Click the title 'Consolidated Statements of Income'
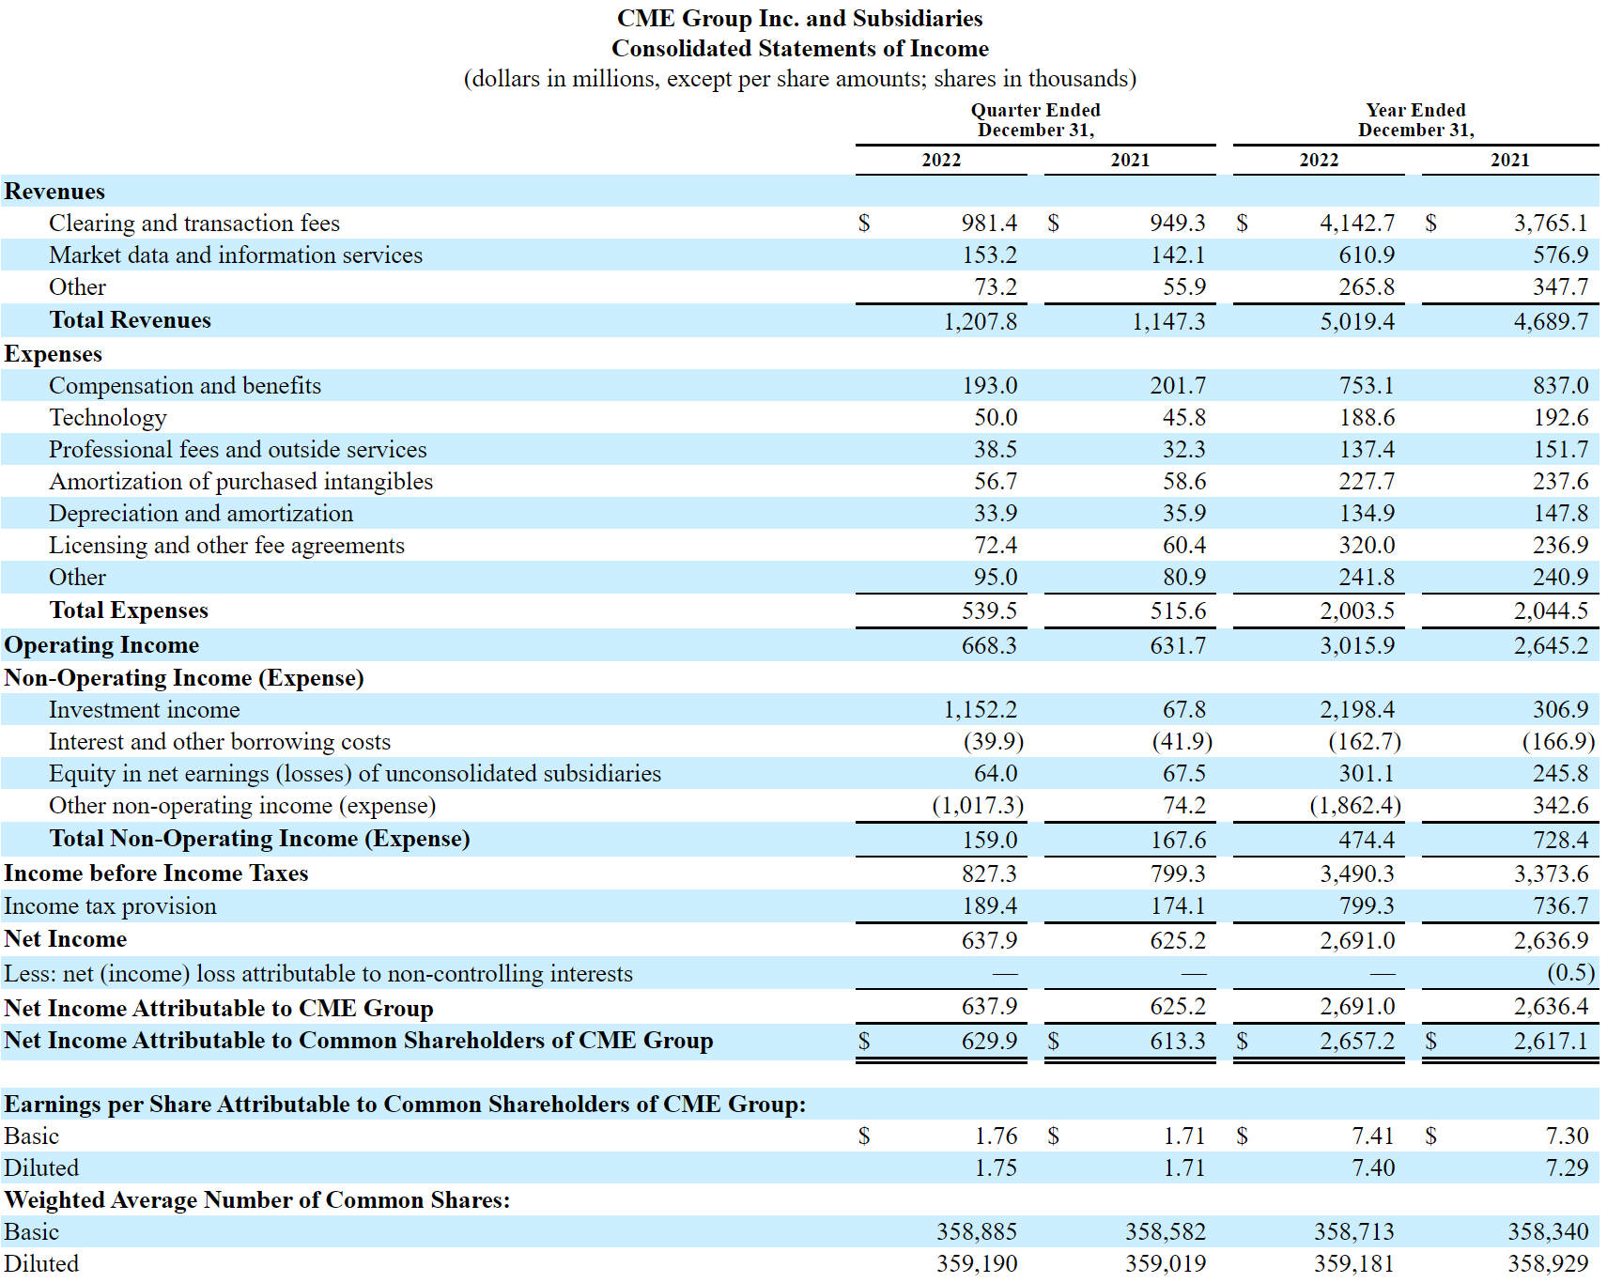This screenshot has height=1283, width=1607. click(800, 48)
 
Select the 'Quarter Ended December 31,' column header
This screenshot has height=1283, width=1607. click(1036, 120)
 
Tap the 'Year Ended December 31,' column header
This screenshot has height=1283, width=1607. click(1415, 120)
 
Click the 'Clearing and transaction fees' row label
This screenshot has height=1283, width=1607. click(194, 223)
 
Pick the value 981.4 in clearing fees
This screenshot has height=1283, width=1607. click(989, 223)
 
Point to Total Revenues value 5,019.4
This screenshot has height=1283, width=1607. click(1357, 321)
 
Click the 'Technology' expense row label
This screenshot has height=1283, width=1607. click(108, 417)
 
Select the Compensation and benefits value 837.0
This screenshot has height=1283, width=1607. click(1561, 385)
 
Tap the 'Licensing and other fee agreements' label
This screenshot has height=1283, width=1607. click(226, 545)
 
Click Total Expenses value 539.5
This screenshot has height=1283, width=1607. click(989, 611)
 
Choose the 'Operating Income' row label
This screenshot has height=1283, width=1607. click(101, 645)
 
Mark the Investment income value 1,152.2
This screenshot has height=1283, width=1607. click(981, 709)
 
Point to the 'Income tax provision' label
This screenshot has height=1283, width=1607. click(110, 905)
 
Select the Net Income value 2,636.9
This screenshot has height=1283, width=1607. click(1551, 940)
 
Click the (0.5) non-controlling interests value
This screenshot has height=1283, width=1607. click(1570, 972)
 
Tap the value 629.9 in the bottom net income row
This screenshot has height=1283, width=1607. click(989, 1041)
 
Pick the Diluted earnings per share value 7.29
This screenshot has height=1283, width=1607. click(1568, 1167)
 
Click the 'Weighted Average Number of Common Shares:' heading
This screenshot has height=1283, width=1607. click(257, 1199)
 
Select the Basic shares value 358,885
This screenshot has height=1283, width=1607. click(977, 1231)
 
